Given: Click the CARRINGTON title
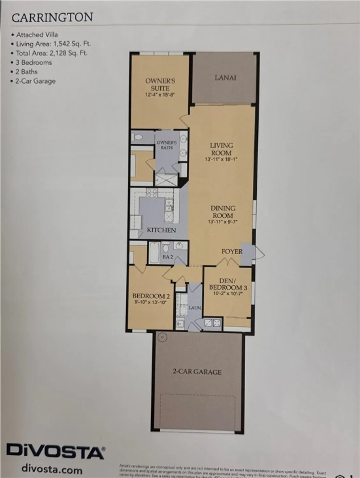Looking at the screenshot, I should [52, 18].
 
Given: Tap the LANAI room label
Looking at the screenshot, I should [225, 77].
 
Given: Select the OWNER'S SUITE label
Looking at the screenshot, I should [160, 85].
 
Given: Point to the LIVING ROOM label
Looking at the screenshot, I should [221, 149].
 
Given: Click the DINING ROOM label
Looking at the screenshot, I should [223, 212].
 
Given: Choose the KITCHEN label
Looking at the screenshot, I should [161, 230].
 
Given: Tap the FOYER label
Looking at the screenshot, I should [232, 251].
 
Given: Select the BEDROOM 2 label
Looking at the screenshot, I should [149, 296].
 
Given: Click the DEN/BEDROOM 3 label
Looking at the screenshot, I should [228, 284].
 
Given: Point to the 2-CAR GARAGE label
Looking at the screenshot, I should [197, 372].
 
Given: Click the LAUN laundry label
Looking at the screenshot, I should [195, 308].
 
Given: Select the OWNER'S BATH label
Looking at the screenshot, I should [166, 145].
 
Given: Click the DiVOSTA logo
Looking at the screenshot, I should [55, 452].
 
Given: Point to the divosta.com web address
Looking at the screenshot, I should [52, 469].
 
